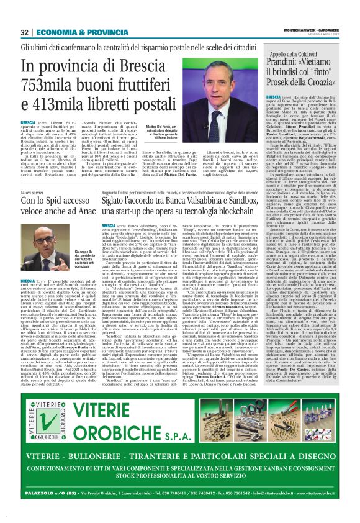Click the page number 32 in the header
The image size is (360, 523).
pos(25,32)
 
